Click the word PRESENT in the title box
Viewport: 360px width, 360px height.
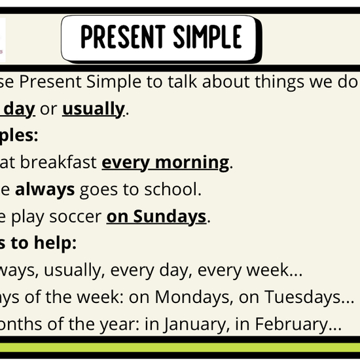coord(120,37)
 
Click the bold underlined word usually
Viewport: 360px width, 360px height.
coord(93,109)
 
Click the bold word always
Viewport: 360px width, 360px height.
coord(45,190)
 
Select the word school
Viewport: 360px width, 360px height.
coord(173,190)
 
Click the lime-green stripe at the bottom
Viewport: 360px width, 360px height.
coord(180,348)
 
